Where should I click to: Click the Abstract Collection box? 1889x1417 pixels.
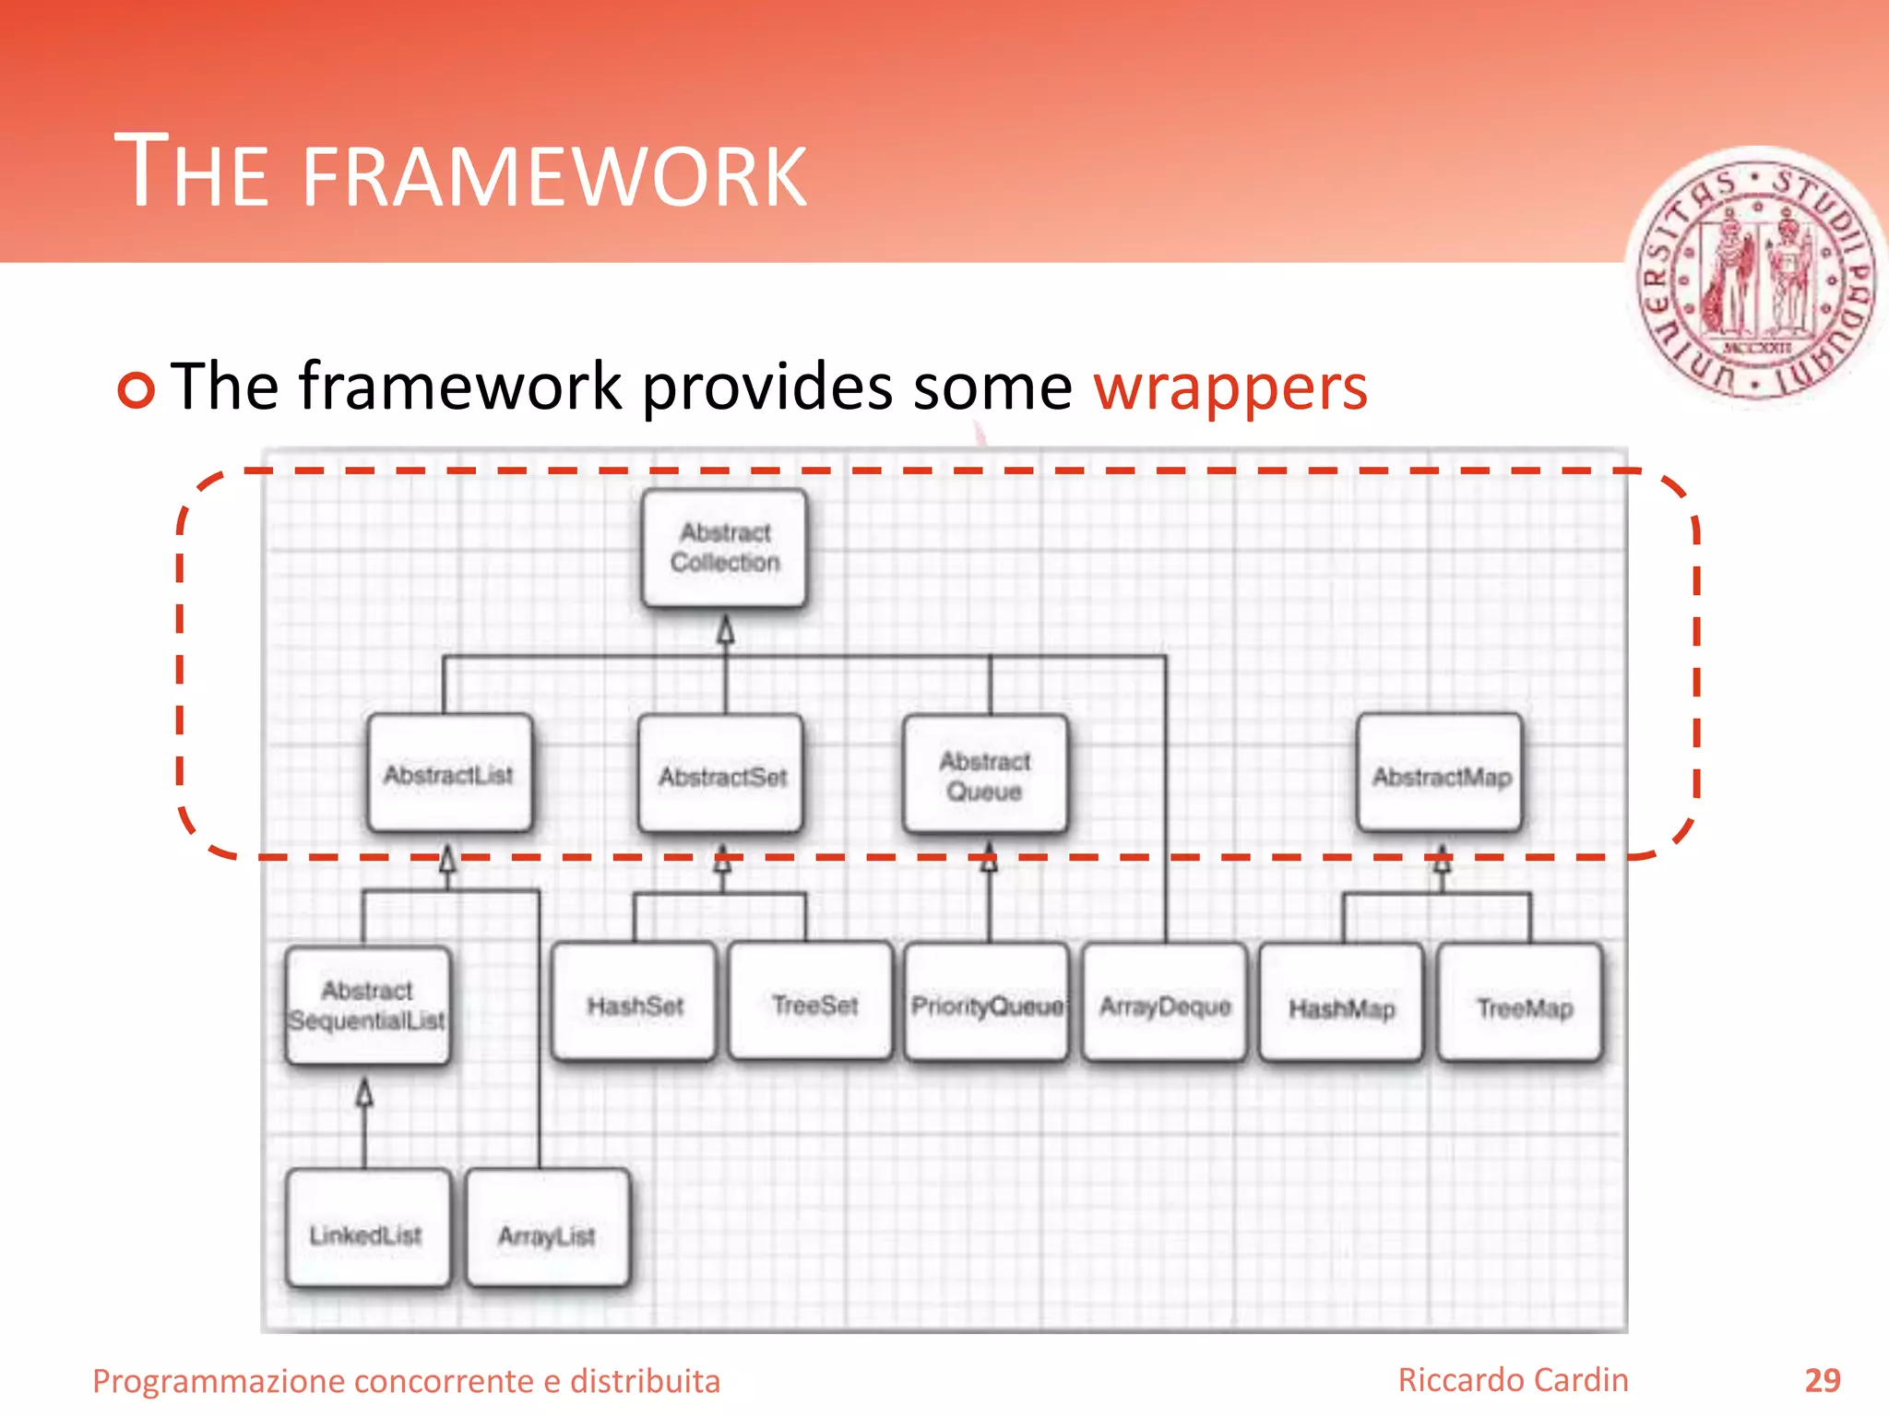pyautogui.click(x=725, y=548)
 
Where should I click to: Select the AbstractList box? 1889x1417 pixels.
pyautogui.click(x=449, y=774)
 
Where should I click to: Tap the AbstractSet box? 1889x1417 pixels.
pyautogui.click(x=722, y=776)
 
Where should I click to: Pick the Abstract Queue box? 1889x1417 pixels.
pyautogui.click(x=985, y=776)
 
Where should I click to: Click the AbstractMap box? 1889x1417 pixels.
pyautogui.click(x=1441, y=775)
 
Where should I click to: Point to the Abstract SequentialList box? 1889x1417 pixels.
pyautogui.click(x=368, y=1006)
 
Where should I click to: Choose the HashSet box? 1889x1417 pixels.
pyautogui.click(x=635, y=1004)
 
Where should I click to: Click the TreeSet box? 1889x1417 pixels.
pyautogui.click(x=812, y=1004)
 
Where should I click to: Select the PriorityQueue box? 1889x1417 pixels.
pyautogui.click(x=987, y=1004)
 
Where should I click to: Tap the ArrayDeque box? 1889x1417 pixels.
pyautogui.click(x=1164, y=1004)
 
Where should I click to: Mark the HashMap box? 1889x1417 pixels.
pyautogui.click(x=1341, y=1006)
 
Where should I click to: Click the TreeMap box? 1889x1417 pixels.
pyautogui.click(x=1522, y=1006)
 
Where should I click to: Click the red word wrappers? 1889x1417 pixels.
pyautogui.click(x=1230, y=387)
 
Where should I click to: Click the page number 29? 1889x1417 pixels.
pyautogui.click(x=1822, y=1380)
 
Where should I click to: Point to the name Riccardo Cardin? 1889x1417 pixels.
pyautogui.click(x=1513, y=1380)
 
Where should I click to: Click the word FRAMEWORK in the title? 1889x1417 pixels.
pyautogui.click(x=553, y=175)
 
